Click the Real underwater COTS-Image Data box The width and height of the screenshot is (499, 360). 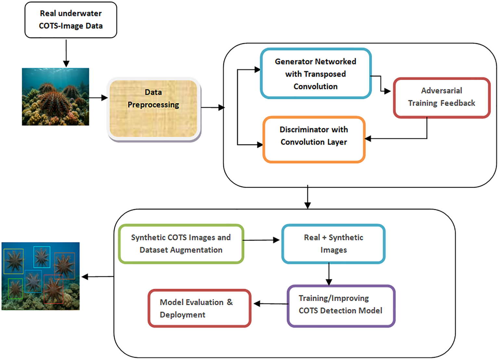[x=71, y=20]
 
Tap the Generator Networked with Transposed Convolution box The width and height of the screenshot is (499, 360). [x=315, y=73]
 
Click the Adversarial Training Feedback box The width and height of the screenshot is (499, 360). [x=441, y=97]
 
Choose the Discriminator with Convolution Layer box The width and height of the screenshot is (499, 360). [x=314, y=139]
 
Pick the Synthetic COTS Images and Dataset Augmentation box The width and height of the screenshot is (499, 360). [x=181, y=244]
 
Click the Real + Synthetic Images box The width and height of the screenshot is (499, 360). [x=334, y=244]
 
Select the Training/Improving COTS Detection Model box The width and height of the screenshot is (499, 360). [x=341, y=306]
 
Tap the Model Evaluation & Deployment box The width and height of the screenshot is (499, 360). [x=199, y=308]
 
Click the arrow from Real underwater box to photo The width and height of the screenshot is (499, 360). [x=66, y=54]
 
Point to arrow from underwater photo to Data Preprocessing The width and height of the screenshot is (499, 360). [x=98, y=97]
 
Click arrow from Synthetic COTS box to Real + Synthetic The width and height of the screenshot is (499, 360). [x=261, y=240]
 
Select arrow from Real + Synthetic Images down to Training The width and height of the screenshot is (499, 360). [x=329, y=274]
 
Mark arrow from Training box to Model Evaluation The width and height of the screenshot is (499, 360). [x=270, y=304]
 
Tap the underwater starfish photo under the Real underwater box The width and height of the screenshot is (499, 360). [x=55, y=96]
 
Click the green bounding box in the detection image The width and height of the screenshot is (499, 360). [x=15, y=289]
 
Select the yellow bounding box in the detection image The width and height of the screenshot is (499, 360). [x=13, y=261]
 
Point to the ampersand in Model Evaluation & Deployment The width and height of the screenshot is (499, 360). [x=230, y=302]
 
